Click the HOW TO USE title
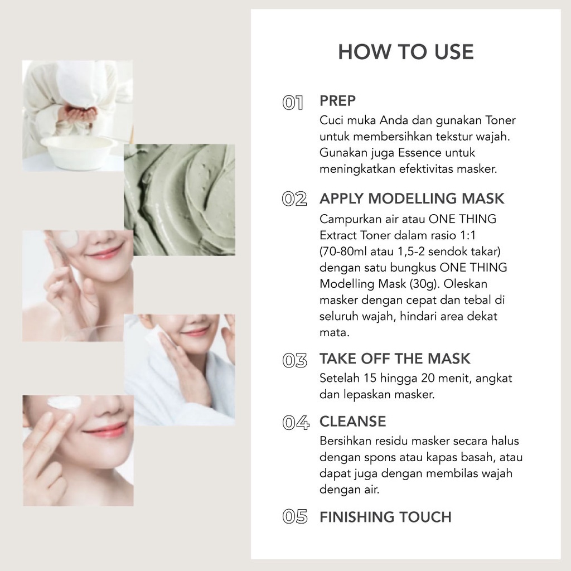[406, 52]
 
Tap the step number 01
[292, 103]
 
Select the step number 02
[294, 199]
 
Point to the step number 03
[294, 361]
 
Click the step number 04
[296, 423]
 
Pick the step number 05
[294, 517]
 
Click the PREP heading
[337, 101]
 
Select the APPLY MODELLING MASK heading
[412, 199]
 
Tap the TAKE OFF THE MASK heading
[395, 359]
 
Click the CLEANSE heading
[352, 422]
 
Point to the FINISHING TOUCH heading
[385, 517]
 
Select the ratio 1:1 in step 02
[468, 235]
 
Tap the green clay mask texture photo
[180, 200]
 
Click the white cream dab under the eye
[64, 403]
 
